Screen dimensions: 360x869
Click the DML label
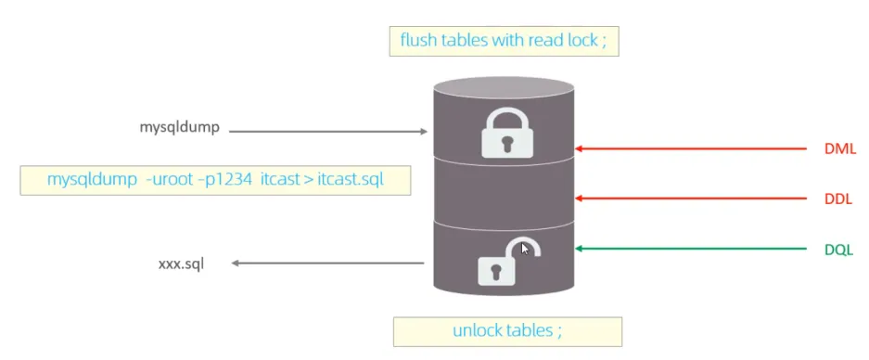pos(840,148)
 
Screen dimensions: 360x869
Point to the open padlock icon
pos(505,263)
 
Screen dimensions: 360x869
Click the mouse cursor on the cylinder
pos(526,249)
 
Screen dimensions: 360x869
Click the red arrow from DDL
pos(691,199)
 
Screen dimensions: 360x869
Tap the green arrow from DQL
pos(691,249)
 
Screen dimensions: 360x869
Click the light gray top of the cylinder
pos(505,88)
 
